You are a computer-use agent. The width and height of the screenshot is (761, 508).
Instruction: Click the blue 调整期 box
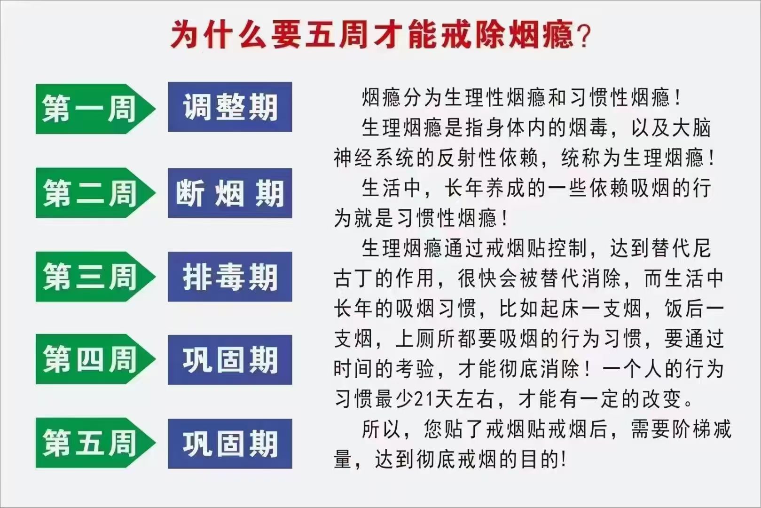coord(230,107)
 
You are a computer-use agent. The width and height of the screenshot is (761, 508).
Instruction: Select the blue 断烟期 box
coord(230,193)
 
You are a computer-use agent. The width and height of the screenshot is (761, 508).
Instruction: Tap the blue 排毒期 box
coord(230,277)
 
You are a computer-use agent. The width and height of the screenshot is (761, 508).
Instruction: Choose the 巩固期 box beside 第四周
coord(230,360)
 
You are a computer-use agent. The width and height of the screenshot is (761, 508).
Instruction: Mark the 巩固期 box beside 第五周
coord(230,444)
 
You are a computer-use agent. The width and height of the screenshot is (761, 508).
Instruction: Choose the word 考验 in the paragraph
coord(415,369)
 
